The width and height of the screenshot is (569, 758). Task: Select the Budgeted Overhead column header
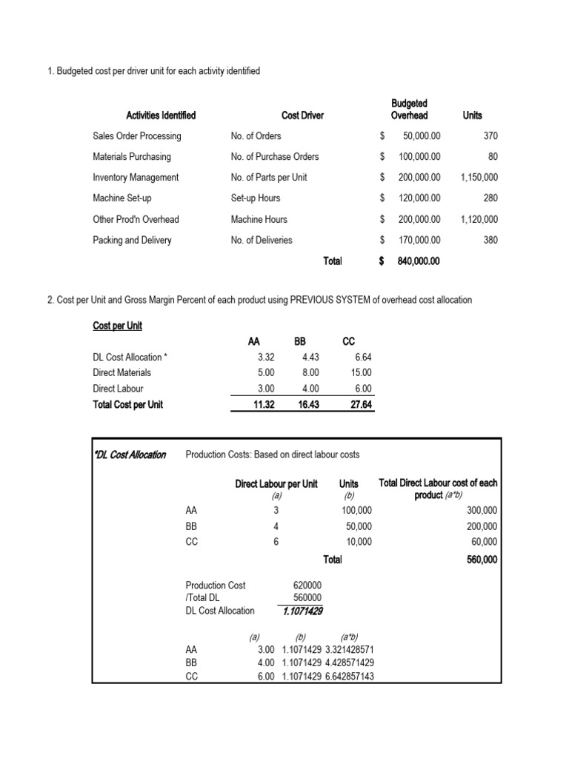click(x=409, y=110)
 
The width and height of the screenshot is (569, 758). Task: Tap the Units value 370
click(x=490, y=136)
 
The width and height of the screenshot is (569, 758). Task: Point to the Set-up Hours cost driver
click(x=255, y=198)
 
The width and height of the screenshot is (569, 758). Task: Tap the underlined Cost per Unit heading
click(x=118, y=326)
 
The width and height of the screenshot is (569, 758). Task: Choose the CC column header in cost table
click(x=348, y=342)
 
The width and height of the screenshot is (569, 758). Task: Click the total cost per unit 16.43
click(x=305, y=405)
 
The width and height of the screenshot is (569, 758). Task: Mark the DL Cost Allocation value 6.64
click(x=362, y=358)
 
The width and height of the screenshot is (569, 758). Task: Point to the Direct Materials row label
click(x=122, y=373)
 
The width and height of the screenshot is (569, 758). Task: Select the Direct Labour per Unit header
click(x=276, y=483)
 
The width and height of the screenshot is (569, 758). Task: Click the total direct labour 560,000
click(x=482, y=560)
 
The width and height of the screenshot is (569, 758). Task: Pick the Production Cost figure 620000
click(x=307, y=585)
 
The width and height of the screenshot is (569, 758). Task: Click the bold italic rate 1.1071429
click(x=302, y=611)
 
